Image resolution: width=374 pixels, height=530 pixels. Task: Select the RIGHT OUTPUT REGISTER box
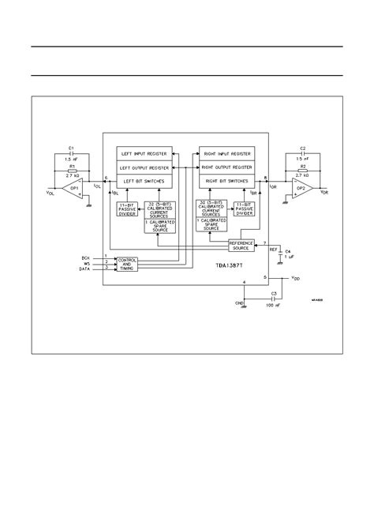(x=226, y=167)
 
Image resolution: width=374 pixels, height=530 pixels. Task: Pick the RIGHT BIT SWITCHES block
(x=226, y=181)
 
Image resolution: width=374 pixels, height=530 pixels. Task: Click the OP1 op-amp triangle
(x=73, y=189)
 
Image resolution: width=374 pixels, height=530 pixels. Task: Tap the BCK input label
(x=86, y=257)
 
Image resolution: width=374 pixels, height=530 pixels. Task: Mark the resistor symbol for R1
(x=73, y=171)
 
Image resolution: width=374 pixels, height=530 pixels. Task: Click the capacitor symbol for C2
(x=301, y=153)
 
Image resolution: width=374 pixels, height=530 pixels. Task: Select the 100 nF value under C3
(x=274, y=304)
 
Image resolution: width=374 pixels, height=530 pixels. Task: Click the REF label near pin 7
(x=274, y=249)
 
